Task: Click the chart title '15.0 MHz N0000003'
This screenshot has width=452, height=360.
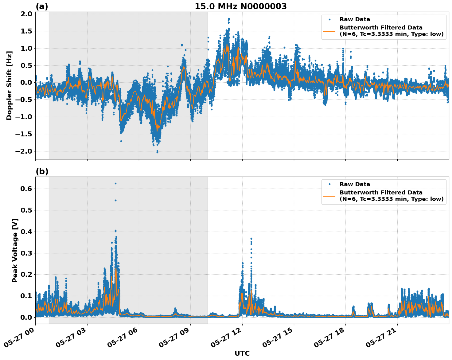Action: pyautogui.click(x=241, y=6)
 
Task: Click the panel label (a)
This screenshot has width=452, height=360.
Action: pyautogui.click(x=42, y=6)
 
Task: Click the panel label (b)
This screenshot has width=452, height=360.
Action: pyautogui.click(x=42, y=171)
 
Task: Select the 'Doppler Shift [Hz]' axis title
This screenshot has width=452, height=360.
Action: pyautogui.click(x=9, y=85)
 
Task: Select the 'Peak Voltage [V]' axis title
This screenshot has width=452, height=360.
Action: pyautogui.click(x=15, y=250)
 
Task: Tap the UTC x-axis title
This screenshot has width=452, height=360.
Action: pyautogui.click(x=242, y=353)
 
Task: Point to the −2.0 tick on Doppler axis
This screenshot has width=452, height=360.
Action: pyautogui.click(x=25, y=151)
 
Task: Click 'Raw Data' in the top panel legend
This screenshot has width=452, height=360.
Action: pyautogui.click(x=355, y=19)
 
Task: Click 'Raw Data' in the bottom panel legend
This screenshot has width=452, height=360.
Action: pyautogui.click(x=355, y=184)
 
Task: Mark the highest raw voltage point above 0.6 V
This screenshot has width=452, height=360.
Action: pyautogui.click(x=115, y=183)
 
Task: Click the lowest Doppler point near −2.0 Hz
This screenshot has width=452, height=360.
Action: pyautogui.click(x=157, y=152)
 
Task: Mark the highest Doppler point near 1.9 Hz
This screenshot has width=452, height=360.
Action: pyautogui.click(x=229, y=19)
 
